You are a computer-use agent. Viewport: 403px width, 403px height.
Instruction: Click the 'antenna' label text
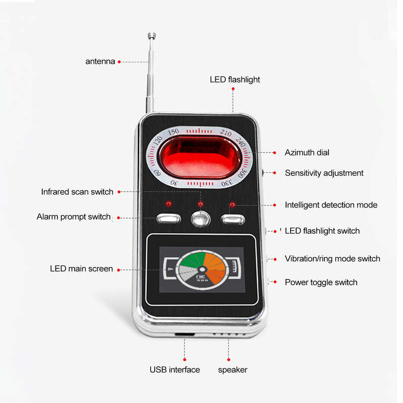(100, 61)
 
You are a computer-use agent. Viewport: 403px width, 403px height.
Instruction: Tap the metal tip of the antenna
(152, 36)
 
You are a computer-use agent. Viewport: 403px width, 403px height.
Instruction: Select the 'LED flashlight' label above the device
(235, 80)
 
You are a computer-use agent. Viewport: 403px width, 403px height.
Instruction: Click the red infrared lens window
(199, 157)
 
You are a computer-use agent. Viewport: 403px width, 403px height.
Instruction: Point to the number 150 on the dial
(173, 132)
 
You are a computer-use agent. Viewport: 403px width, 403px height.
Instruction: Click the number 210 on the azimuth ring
(226, 132)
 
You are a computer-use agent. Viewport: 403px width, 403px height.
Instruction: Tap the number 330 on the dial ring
(227, 183)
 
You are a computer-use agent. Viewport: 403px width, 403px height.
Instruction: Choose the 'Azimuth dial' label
(307, 153)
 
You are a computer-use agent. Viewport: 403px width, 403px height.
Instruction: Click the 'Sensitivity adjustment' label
(324, 173)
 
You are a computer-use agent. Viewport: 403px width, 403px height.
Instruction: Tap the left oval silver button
(169, 219)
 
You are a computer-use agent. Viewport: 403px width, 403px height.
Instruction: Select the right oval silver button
(233, 220)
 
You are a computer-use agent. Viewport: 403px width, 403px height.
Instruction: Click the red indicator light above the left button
(169, 204)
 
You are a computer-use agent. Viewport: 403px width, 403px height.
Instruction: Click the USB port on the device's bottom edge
(184, 334)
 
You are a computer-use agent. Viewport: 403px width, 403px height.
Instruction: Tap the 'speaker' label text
(233, 370)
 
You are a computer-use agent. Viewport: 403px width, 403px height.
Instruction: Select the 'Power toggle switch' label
(321, 283)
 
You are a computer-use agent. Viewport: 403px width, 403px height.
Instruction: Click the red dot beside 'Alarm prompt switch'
(118, 218)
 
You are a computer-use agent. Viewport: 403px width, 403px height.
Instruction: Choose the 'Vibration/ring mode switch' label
(332, 258)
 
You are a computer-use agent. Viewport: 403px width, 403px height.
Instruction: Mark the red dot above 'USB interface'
(184, 360)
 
